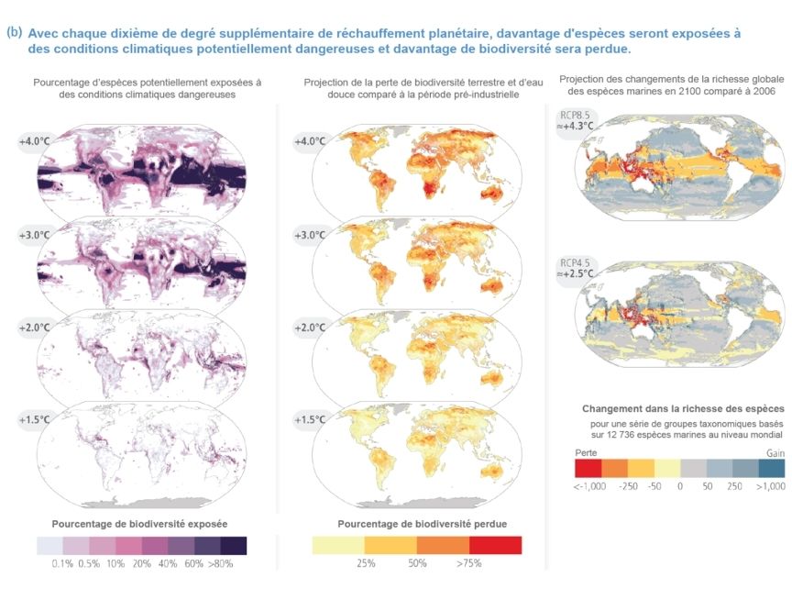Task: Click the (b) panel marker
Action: (x=14, y=32)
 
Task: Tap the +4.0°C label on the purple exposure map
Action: (x=35, y=141)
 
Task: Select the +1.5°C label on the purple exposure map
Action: (x=35, y=420)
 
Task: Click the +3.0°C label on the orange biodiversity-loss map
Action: (x=310, y=235)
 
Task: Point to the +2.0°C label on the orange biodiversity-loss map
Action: (x=310, y=328)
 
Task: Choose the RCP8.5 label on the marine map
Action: (x=575, y=116)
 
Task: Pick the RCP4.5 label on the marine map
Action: (x=575, y=263)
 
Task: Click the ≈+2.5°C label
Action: (x=575, y=274)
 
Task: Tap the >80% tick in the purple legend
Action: (x=221, y=563)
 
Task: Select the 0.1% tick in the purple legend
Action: (x=62, y=563)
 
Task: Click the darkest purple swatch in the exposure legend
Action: (x=234, y=546)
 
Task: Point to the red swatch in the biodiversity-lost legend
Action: (x=496, y=545)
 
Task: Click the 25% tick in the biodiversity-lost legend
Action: (x=366, y=563)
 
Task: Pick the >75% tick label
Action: (x=469, y=563)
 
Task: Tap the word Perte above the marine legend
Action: (x=586, y=453)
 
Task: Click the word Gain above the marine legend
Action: (x=775, y=453)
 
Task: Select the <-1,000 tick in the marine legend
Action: (x=589, y=486)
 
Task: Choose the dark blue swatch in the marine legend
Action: (x=772, y=469)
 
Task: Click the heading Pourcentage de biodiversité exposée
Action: (x=139, y=524)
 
